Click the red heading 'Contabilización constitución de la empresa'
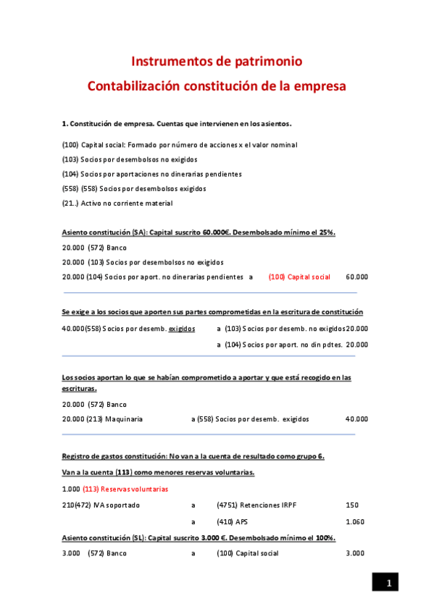(217, 86)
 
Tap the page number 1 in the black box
(388, 583)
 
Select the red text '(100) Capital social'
(299, 277)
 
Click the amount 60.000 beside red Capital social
(356, 277)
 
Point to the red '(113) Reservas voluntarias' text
(125, 489)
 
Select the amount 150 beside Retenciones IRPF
(352, 505)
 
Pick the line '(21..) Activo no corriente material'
(117, 203)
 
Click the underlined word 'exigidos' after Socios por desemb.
(181, 328)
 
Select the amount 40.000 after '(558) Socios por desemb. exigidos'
(356, 419)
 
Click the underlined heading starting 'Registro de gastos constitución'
(193, 456)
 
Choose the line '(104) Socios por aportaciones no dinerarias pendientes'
(152, 174)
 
